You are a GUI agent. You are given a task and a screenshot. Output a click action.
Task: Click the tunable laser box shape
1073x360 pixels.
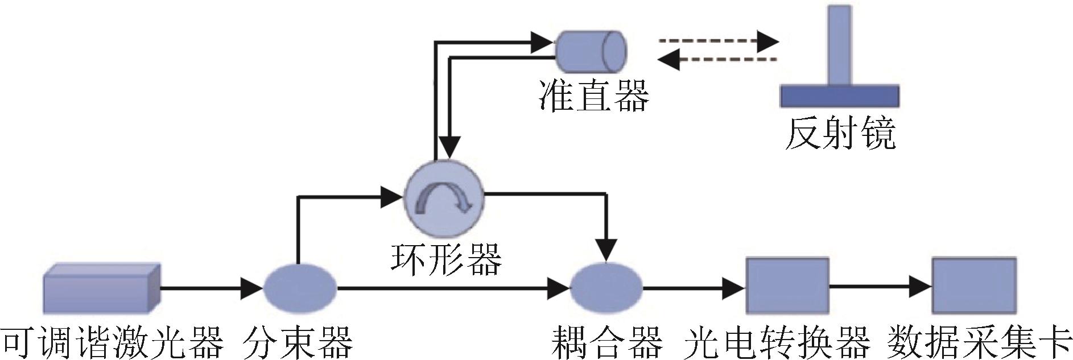tap(102, 288)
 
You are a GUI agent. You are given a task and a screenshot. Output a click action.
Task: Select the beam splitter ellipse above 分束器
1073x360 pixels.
tap(300, 288)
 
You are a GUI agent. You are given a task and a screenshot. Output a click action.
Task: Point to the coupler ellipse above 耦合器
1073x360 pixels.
tap(606, 288)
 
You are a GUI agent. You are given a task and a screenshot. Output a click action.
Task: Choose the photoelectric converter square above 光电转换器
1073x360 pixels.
tap(787, 285)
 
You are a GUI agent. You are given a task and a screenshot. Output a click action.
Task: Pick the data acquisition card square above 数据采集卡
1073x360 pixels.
tap(974, 285)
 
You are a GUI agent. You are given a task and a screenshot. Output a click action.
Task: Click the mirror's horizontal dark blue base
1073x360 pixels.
tap(839, 96)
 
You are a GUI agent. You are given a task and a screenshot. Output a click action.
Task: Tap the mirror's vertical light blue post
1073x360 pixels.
tap(840, 45)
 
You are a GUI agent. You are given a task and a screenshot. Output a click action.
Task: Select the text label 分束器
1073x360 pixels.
tap(298, 342)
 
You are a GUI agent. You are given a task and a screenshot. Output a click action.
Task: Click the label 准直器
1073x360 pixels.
tap(594, 96)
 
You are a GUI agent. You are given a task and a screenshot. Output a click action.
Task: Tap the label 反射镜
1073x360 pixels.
tap(841, 134)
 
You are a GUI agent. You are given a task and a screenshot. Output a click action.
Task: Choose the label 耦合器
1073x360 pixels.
tap(607, 342)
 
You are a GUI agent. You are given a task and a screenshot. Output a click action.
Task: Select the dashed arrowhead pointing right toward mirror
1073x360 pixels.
tap(768, 41)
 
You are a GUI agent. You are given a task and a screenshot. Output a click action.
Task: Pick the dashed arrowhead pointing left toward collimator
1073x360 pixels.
tap(668, 59)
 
